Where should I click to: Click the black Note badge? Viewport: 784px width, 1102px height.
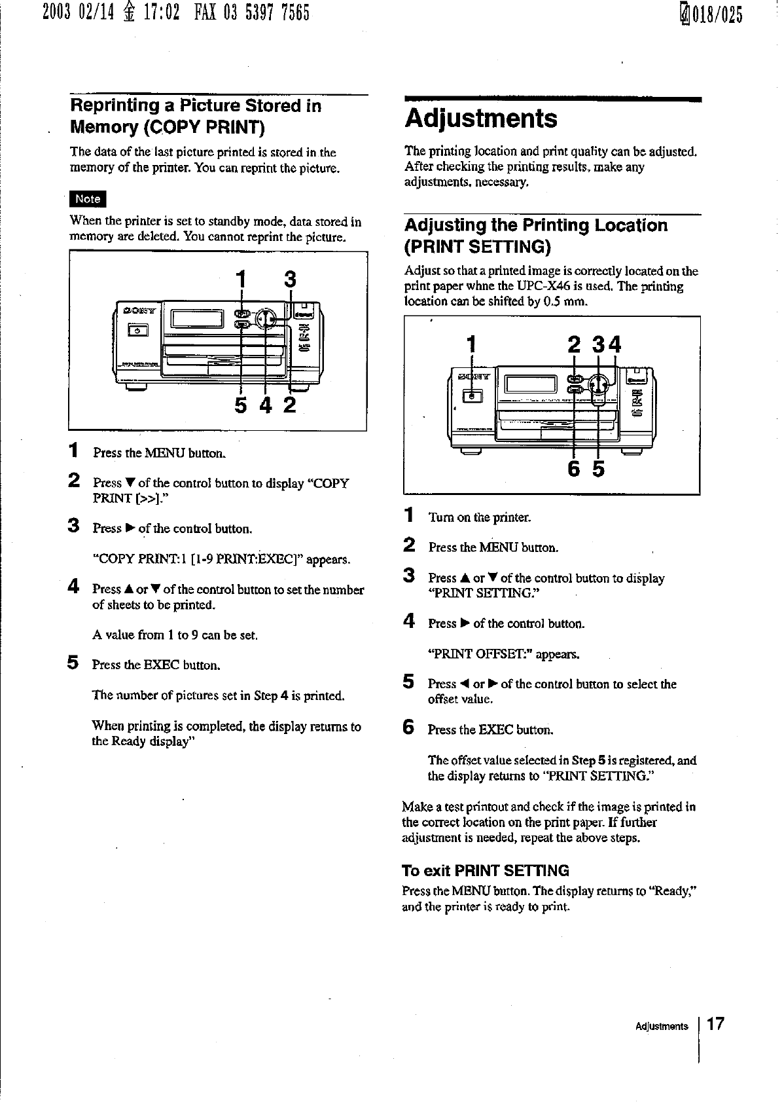click(x=88, y=198)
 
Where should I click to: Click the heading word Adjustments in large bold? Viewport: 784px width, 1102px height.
click(x=481, y=119)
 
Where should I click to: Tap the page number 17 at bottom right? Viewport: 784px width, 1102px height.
click(x=716, y=1025)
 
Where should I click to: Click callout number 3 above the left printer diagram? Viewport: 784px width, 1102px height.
click(x=290, y=280)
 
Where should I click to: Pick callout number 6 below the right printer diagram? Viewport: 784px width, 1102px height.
click(x=574, y=469)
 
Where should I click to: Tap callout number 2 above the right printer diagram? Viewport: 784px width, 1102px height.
click(x=574, y=345)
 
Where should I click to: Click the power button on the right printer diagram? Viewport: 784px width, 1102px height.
click(x=472, y=395)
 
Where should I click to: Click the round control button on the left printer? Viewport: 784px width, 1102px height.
click(x=265, y=318)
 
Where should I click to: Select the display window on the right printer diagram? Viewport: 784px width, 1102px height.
click(x=532, y=382)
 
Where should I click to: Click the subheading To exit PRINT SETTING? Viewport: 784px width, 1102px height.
click(x=485, y=870)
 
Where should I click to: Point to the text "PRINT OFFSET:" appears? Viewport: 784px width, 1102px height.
click(x=503, y=654)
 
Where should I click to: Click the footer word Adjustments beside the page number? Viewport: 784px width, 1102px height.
click(x=662, y=1026)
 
